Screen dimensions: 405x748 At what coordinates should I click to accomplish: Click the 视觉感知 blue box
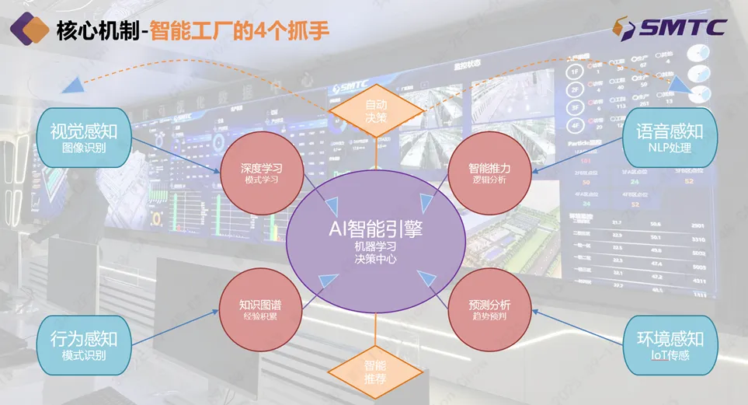(83, 137)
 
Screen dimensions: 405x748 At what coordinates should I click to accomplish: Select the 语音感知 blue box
(670, 137)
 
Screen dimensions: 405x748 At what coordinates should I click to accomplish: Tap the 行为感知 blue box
(83, 345)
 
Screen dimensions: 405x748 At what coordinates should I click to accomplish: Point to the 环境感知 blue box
(670, 345)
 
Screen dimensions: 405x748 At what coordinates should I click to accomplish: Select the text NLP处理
(670, 147)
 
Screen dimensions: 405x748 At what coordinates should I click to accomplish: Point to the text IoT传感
(670, 355)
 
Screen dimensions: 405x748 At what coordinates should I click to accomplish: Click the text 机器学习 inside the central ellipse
(375, 246)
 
